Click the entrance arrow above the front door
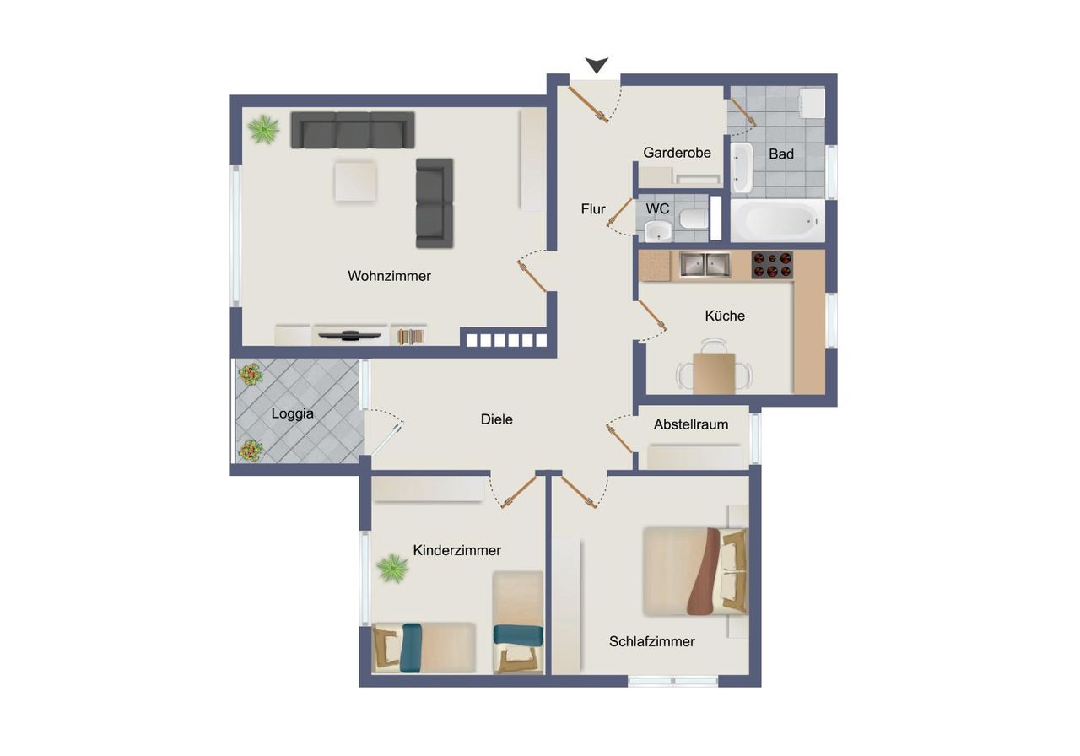597,65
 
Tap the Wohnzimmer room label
389,276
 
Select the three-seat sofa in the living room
353,130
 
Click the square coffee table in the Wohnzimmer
356,181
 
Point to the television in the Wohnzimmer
350,334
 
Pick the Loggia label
292,413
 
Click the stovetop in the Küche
772,265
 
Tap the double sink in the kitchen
705,265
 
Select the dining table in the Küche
714,373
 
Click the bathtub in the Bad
778,221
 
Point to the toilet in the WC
694,219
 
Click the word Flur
593,209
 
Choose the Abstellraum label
691,424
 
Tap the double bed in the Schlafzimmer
695,571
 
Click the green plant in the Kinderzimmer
392,568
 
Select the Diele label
497,419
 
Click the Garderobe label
677,153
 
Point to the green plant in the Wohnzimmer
263,129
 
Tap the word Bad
781,154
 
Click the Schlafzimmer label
652,642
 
